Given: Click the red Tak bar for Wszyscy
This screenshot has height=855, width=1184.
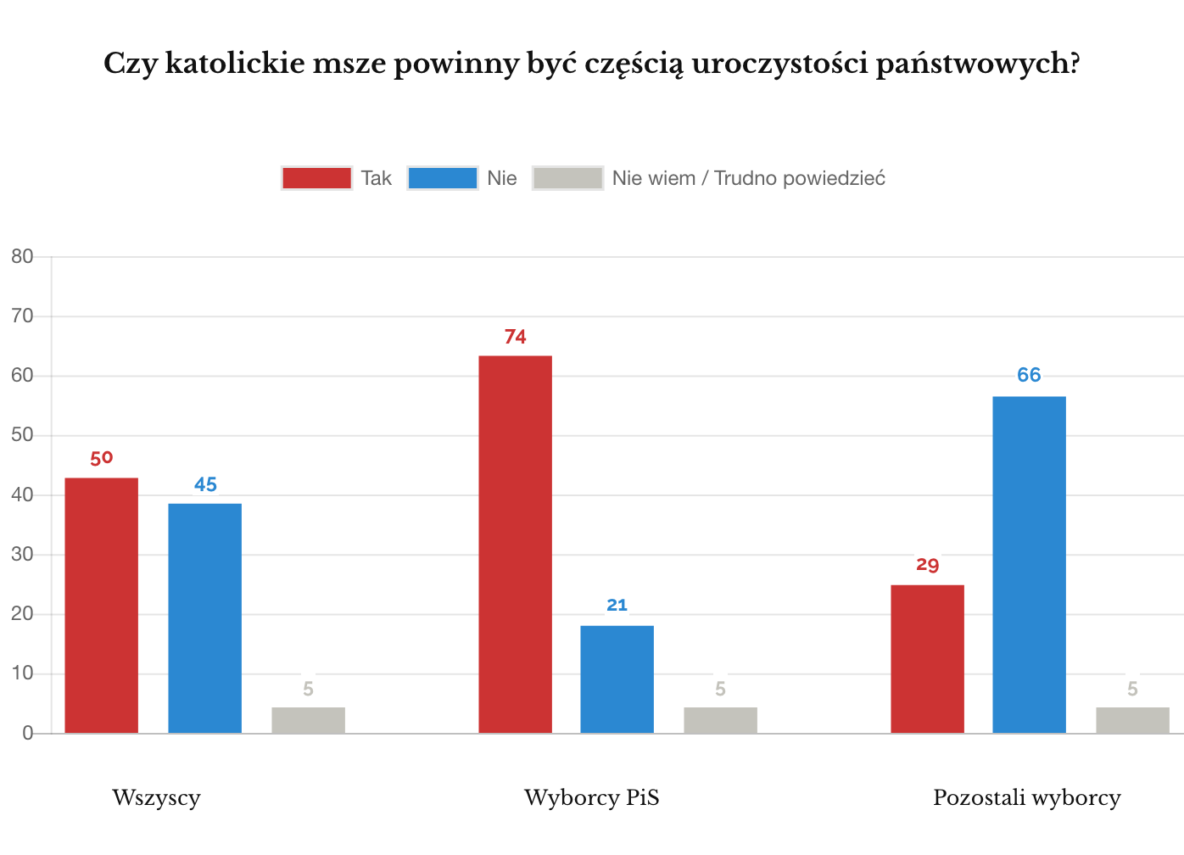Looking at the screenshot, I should (102, 606).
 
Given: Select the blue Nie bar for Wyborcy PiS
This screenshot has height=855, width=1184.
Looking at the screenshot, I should (617, 679).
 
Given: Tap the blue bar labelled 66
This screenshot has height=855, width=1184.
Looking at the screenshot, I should (1029, 565).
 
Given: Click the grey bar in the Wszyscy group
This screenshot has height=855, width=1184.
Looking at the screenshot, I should (308, 720).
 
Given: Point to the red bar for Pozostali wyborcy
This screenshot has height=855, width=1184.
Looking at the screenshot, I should (927, 659).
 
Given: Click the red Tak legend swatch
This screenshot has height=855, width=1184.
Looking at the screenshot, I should (316, 178).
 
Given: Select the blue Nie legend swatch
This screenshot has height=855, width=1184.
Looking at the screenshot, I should (442, 178).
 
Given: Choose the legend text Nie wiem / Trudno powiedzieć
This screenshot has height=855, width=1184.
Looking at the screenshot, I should (748, 178).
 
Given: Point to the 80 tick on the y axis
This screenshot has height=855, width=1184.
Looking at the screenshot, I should (23, 256).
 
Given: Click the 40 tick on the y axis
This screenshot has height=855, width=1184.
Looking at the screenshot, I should (23, 495).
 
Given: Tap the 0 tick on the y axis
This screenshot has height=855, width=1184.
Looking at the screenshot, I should (28, 734).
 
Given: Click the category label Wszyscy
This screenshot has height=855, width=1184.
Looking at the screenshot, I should (156, 798).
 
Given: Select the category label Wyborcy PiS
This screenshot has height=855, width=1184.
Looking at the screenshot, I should (591, 798).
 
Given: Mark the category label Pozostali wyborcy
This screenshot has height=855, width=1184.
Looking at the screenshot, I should (1026, 798).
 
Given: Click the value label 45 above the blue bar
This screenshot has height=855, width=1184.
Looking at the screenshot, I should (205, 484).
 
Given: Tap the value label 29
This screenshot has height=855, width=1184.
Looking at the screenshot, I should (927, 565).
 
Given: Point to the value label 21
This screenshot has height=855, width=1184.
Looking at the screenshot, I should (617, 605).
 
